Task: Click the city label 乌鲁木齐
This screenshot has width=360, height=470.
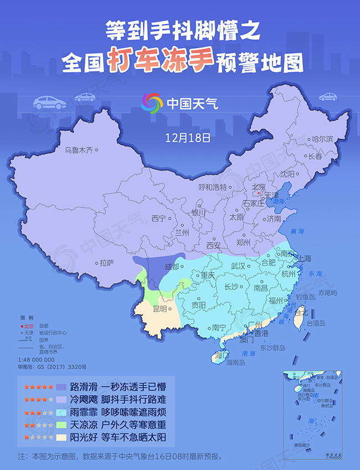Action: click(78, 150)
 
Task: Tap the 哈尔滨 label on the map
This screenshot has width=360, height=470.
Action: click(323, 139)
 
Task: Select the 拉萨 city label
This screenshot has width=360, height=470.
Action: click(106, 263)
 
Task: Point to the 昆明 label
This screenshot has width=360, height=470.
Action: click(160, 308)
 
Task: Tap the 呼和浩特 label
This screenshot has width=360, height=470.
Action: click(213, 187)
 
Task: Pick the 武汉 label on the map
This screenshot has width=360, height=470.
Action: click(238, 267)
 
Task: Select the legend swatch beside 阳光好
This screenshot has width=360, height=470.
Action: click(68, 437)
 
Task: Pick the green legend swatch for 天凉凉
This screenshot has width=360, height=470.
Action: click(68, 425)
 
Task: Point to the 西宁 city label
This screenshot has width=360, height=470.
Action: click(159, 218)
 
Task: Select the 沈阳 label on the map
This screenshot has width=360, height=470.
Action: click(287, 173)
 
